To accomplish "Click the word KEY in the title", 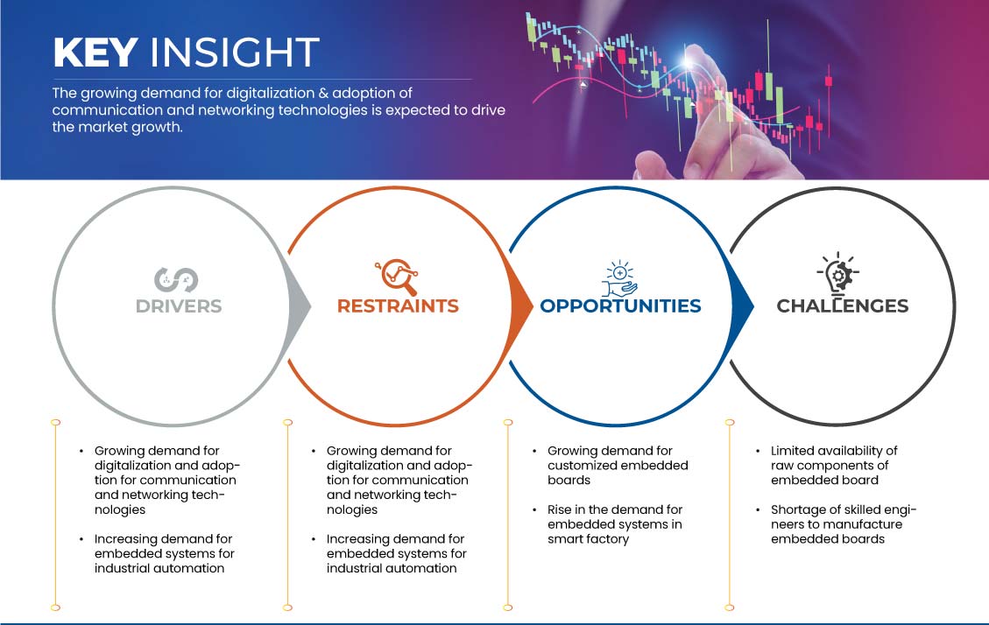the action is [95, 53].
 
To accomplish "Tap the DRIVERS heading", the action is [179, 306].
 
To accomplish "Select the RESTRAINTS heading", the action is [398, 306].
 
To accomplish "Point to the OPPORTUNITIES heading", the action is [621, 306].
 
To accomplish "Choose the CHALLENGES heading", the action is [843, 306].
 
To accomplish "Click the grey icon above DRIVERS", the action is [176, 280].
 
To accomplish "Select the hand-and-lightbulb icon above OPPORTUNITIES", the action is [619, 277].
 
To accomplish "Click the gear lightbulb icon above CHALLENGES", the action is [839, 273].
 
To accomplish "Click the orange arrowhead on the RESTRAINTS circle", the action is [521, 307].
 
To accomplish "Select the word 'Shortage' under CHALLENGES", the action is [796, 509].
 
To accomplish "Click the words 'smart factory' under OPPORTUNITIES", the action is [589, 539].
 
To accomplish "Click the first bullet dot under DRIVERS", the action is [81, 451].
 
